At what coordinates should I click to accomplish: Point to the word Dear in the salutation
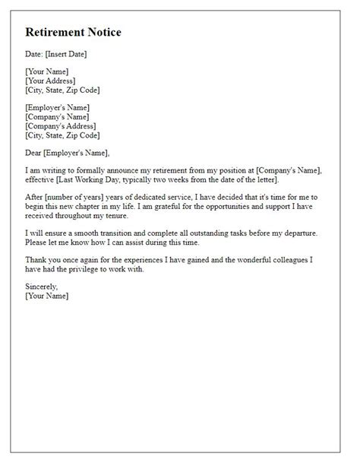click(35, 153)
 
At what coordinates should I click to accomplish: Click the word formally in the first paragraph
click(95, 170)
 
